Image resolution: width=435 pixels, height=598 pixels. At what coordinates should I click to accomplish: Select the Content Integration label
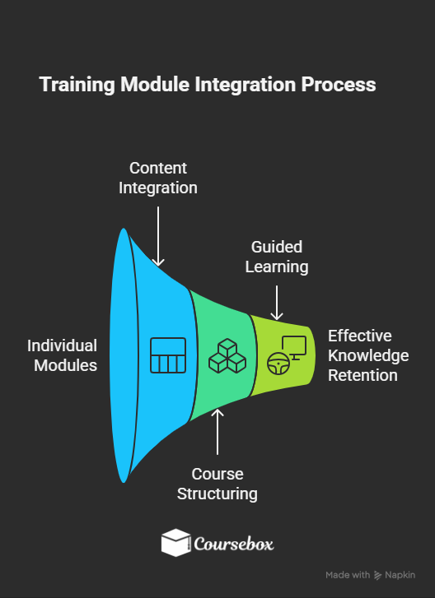click(158, 178)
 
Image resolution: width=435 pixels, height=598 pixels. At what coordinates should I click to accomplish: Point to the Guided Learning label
click(277, 257)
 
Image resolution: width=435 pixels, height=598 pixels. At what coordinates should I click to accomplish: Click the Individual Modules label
click(62, 355)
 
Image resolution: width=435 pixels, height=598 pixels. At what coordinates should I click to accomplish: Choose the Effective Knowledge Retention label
click(368, 355)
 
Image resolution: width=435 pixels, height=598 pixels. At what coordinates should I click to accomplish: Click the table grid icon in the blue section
click(168, 355)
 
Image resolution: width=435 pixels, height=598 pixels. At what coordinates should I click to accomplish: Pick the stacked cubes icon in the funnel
click(227, 356)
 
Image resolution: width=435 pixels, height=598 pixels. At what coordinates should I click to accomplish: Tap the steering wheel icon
click(276, 362)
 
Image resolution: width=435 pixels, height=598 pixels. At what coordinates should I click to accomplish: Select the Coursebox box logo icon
click(175, 543)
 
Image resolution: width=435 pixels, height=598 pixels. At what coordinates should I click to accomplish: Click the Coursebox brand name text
click(234, 544)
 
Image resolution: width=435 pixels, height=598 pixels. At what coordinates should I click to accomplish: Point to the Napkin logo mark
click(378, 575)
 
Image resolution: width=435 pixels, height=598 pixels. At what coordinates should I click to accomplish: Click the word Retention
click(362, 376)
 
